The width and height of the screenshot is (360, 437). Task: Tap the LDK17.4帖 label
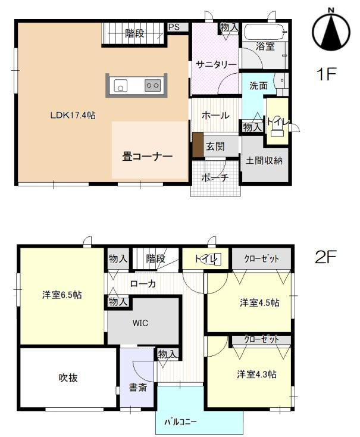[73, 116]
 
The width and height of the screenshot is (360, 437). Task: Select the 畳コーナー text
[148, 157]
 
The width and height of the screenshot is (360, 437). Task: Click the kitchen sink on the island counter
[121, 86]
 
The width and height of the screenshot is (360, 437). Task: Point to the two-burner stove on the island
[152, 86]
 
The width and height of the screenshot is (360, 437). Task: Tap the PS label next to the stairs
[174, 27]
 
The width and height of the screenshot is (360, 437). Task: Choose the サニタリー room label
[214, 65]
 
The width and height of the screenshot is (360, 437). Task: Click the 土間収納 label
[264, 160]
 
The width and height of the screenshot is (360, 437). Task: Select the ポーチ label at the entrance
[215, 177]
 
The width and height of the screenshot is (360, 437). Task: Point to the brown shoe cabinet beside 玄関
[198, 145]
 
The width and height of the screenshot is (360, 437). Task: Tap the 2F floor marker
[326, 257]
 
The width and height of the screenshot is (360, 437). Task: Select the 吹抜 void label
[68, 377]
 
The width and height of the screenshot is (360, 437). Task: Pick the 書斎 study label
[138, 388]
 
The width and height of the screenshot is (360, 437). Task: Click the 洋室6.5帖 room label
[62, 295]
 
